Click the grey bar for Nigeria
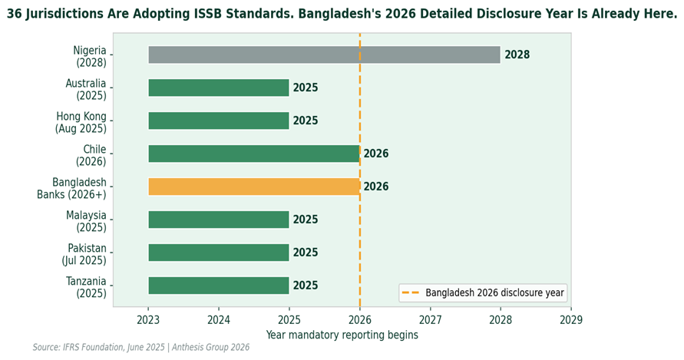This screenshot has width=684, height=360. (323, 54)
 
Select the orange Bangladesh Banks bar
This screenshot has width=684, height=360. (253, 187)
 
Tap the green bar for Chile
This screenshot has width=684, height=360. (253, 154)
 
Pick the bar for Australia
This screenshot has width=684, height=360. (218, 88)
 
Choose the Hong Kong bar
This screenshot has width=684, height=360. (218, 121)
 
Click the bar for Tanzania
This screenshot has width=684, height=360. (218, 286)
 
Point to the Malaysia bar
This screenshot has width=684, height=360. (218, 220)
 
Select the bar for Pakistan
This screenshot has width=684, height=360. (218, 253)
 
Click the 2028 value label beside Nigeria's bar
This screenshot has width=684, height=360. (517, 55)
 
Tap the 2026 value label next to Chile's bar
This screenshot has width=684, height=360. (376, 154)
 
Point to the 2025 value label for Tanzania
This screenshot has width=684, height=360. (306, 286)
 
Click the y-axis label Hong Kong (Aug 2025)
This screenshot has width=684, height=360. (81, 122)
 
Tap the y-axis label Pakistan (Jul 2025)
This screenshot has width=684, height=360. (84, 254)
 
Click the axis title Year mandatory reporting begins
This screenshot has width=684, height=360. (342, 335)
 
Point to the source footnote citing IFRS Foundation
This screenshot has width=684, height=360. (141, 348)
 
